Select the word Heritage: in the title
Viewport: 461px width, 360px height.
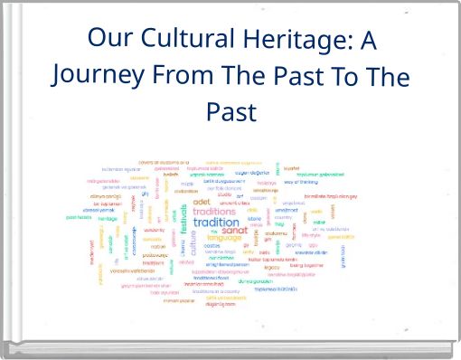pyautogui.click(x=296, y=40)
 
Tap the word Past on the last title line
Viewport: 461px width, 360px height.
pyautogui.click(x=231, y=112)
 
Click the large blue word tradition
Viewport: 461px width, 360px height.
pyautogui.click(x=217, y=223)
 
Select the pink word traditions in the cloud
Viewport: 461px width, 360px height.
pyautogui.click(x=213, y=211)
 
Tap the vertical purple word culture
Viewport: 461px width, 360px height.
pyautogui.click(x=193, y=244)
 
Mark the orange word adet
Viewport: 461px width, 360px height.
pyautogui.click(x=202, y=202)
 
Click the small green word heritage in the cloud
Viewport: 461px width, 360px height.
pyautogui.click(x=108, y=218)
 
